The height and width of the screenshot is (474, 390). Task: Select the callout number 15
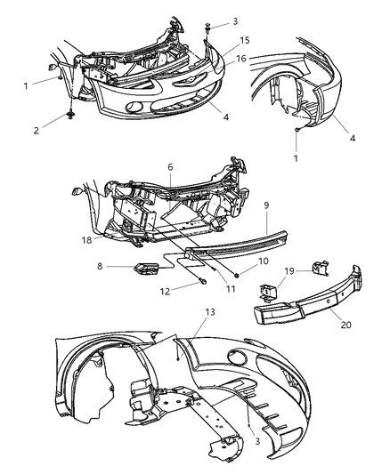click(x=243, y=42)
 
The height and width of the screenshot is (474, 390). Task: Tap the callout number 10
click(x=262, y=261)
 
